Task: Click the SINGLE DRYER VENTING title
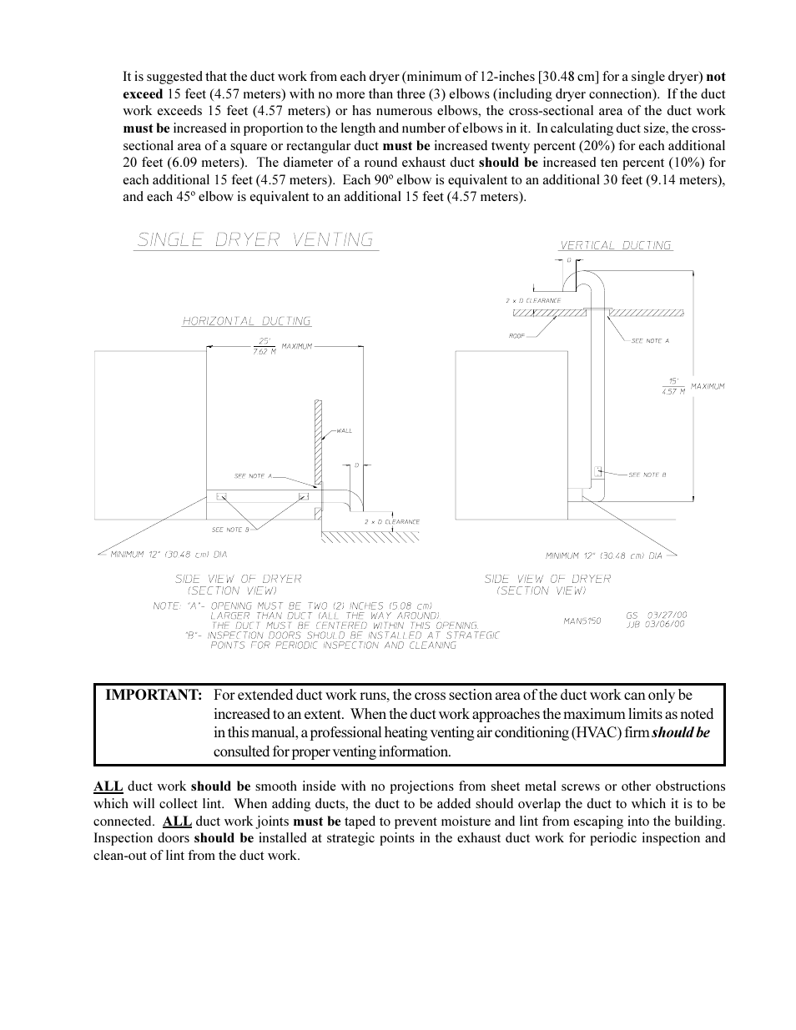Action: point(255,240)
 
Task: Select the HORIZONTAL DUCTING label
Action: point(246,321)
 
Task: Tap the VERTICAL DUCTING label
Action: point(615,245)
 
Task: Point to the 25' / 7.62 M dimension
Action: point(264,346)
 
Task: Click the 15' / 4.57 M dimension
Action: point(673,385)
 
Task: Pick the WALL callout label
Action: point(344,431)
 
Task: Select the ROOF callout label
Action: point(516,335)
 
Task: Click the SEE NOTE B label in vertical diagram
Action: point(647,475)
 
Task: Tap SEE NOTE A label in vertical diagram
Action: point(650,340)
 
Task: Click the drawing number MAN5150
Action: point(582,621)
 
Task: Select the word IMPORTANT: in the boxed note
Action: point(154,695)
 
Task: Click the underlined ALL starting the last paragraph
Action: point(108,786)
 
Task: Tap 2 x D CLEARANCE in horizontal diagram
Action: point(391,522)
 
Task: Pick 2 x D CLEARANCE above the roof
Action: point(532,300)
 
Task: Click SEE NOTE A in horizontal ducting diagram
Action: point(253,475)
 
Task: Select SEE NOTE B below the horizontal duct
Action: point(230,530)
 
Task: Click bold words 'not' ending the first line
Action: point(715,77)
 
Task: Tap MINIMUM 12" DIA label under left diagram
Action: point(169,554)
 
